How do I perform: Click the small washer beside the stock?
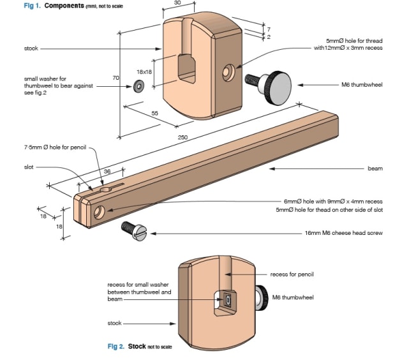click(x=138, y=86)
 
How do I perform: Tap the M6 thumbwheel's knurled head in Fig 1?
click(x=278, y=87)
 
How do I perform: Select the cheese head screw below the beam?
click(x=134, y=231)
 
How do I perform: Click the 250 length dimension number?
click(x=182, y=137)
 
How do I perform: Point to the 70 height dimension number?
click(x=115, y=78)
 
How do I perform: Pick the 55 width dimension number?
click(x=154, y=113)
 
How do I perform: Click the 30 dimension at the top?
click(x=177, y=3)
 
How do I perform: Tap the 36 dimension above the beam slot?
click(x=107, y=171)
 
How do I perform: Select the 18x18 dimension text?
click(x=144, y=72)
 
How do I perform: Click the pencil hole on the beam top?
click(x=105, y=190)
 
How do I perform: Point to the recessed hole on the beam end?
click(x=99, y=212)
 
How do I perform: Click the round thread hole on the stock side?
click(x=228, y=73)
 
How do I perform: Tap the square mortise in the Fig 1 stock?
click(x=187, y=69)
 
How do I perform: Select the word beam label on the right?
click(x=375, y=169)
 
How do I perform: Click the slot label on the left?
click(x=29, y=167)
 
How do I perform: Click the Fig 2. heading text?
click(x=116, y=347)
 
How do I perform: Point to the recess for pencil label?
click(x=292, y=274)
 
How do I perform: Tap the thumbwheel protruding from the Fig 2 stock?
click(x=261, y=297)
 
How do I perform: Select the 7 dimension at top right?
click(x=269, y=29)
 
